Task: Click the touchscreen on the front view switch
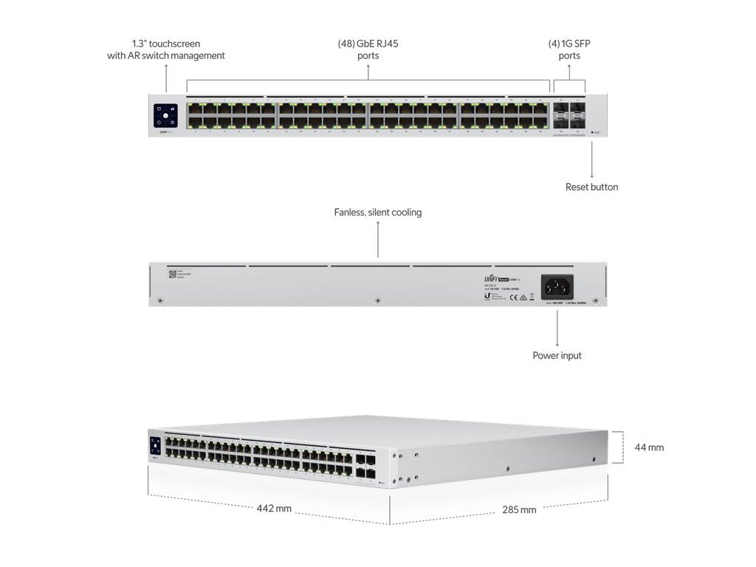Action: pos(166,116)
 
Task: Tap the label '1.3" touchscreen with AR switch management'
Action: pos(166,49)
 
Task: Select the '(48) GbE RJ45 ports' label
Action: pos(368,49)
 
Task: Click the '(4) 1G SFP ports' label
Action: pos(569,49)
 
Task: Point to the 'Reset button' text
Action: pos(591,188)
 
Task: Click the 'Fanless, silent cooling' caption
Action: pos(377,213)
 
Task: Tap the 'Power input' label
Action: pos(557,356)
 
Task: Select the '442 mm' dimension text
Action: pos(274,509)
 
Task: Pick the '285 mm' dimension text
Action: pos(518,509)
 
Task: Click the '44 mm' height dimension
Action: pos(648,447)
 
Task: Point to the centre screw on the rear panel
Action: pos(378,300)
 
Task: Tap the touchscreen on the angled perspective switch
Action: pos(155,445)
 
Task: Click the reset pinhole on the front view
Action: pos(592,133)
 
